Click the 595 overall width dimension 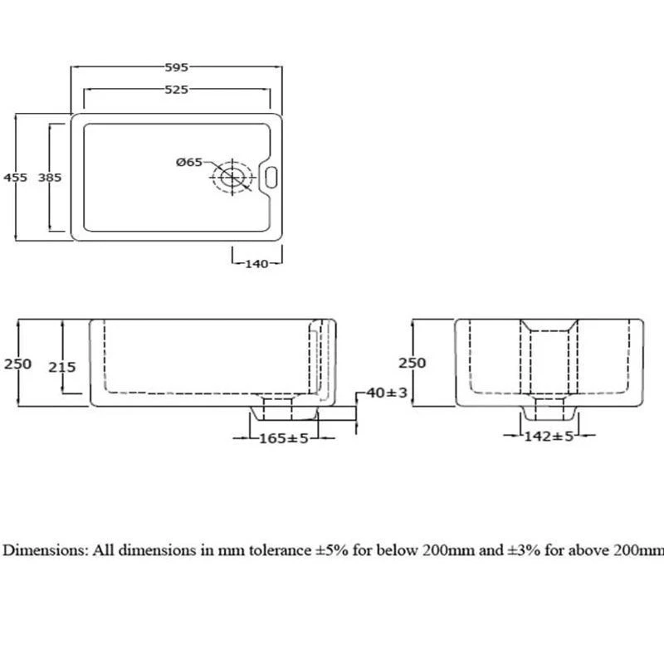(177, 67)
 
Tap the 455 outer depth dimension (16, 177)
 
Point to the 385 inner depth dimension (51, 177)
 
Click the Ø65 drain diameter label (189, 163)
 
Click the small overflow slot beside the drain (271, 176)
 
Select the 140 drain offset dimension (256, 264)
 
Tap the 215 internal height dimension (62, 366)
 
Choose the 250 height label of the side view (412, 363)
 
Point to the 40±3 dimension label (387, 393)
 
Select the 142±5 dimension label (549, 437)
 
